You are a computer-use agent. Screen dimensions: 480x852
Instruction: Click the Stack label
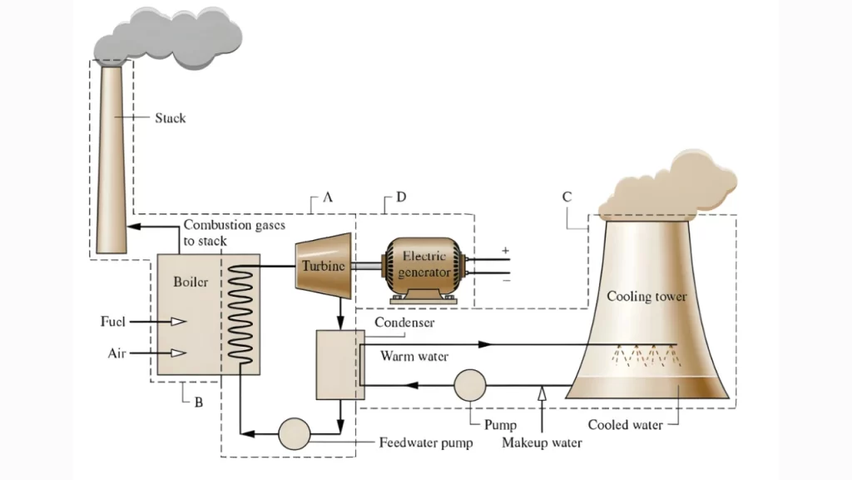click(x=170, y=118)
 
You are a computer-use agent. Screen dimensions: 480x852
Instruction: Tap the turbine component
click(x=323, y=265)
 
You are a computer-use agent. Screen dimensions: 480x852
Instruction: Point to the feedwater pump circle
click(x=294, y=433)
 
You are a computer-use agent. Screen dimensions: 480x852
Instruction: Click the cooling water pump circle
click(x=469, y=385)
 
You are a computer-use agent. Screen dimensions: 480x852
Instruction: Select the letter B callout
click(x=198, y=402)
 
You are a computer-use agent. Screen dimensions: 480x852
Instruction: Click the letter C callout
click(x=567, y=197)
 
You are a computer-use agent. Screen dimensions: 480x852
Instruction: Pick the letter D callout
click(x=401, y=197)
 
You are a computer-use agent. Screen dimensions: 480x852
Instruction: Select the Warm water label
click(x=414, y=357)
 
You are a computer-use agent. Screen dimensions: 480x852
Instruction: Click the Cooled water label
click(x=625, y=425)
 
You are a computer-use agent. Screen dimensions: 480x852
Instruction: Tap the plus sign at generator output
click(x=504, y=249)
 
